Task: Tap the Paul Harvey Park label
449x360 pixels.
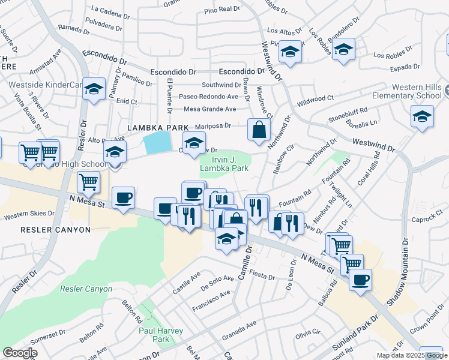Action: [154, 334]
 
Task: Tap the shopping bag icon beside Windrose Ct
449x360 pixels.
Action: [259, 130]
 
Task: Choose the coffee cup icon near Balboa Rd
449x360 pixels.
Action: [360, 280]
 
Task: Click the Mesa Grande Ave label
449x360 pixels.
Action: [210, 109]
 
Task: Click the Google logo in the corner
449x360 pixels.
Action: [20, 353]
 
